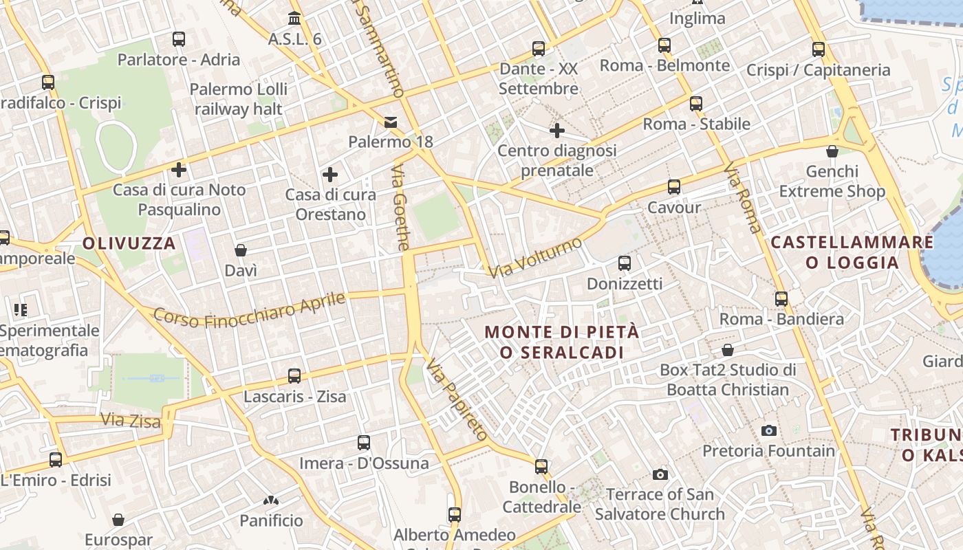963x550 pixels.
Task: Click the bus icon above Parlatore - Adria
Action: (x=179, y=39)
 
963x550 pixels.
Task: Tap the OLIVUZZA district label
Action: (x=129, y=243)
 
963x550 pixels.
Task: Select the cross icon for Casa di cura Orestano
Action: (x=330, y=175)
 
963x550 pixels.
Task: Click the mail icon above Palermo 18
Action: (x=391, y=122)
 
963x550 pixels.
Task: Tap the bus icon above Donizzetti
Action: (x=625, y=263)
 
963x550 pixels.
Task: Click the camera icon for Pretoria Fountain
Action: (x=769, y=431)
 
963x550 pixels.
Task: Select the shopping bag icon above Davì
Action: (x=241, y=250)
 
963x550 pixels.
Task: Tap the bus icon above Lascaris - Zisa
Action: (x=294, y=376)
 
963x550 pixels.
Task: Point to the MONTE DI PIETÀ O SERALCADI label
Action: (x=562, y=342)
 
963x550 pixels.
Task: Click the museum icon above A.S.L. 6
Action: (x=295, y=18)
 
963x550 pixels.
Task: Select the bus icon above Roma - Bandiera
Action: (x=781, y=299)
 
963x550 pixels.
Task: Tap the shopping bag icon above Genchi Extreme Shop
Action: (x=832, y=151)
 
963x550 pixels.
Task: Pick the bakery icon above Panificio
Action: (x=271, y=500)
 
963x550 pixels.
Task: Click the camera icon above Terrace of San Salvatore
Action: (x=660, y=474)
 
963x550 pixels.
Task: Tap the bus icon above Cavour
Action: (x=674, y=187)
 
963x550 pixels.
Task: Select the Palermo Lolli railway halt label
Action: (x=238, y=99)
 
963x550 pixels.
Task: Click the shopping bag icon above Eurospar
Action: (x=118, y=519)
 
